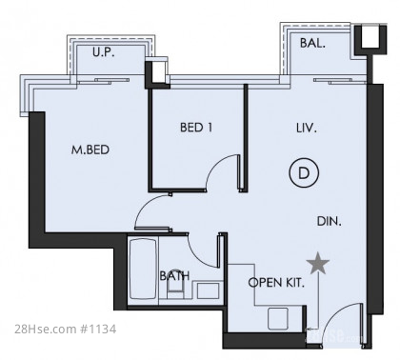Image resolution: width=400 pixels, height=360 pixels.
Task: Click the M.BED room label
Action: [90, 150]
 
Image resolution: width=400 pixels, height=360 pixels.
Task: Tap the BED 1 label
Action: [196, 128]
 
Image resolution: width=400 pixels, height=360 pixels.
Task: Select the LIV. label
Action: [307, 129]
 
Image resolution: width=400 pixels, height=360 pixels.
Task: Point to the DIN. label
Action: [330, 221]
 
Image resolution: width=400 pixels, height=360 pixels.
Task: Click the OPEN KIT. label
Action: [276, 282]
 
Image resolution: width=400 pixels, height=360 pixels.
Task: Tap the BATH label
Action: [174, 275]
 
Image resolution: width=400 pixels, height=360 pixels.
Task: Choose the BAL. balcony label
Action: [312, 43]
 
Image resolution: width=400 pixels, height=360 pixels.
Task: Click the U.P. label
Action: [104, 52]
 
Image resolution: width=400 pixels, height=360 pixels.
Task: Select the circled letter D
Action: [304, 173]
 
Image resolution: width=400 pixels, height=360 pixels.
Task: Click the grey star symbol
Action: [318, 264]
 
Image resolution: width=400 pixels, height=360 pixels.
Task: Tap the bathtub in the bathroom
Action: [144, 269]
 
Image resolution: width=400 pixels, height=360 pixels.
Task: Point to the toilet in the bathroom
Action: [175, 290]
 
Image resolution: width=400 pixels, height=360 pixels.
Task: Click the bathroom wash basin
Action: [208, 290]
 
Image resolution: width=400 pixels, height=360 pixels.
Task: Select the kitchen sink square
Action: [278, 318]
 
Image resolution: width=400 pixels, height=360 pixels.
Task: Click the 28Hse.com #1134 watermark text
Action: [65, 330]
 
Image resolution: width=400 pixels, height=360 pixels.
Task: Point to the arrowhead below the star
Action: [310, 329]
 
